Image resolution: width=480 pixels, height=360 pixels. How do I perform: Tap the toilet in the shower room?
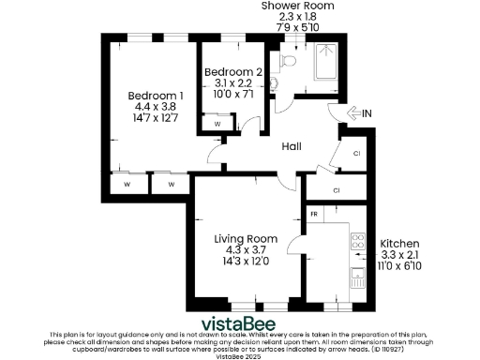point(288,62)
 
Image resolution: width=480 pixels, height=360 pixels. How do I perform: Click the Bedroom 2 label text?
point(232,72)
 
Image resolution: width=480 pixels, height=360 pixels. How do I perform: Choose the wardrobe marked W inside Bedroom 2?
point(217,123)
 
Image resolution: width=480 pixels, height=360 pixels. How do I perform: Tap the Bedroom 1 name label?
point(156,95)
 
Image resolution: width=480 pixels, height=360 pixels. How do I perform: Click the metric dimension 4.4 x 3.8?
point(155,107)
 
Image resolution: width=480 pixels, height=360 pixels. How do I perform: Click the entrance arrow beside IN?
point(353,114)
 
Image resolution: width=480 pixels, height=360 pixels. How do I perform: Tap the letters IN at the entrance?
point(367,114)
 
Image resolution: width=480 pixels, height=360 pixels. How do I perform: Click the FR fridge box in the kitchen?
point(314,216)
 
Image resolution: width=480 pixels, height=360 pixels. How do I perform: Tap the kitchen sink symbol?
point(357,277)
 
